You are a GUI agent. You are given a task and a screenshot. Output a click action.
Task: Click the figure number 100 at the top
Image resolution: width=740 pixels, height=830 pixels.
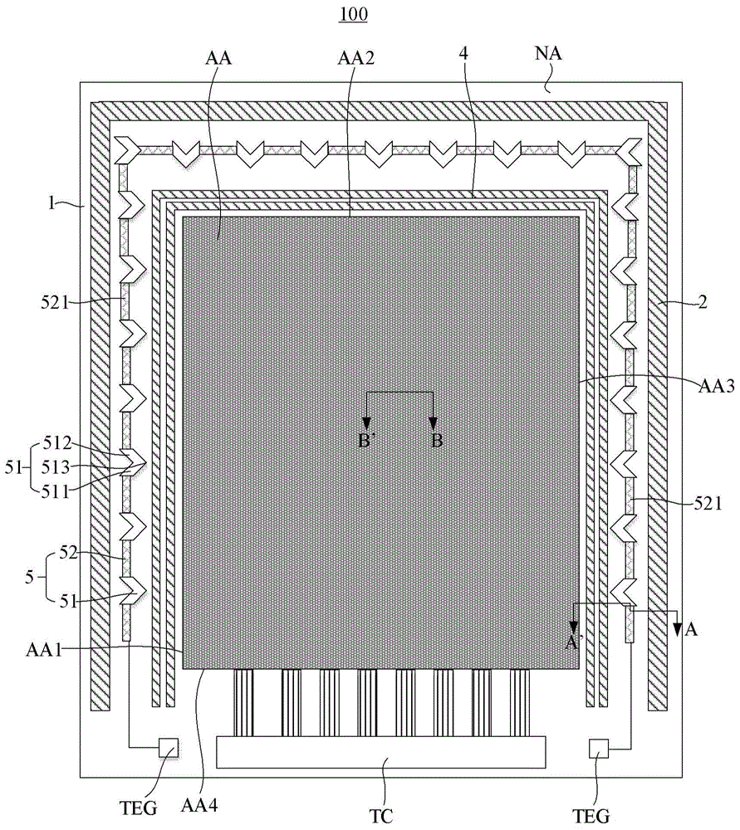[355, 15]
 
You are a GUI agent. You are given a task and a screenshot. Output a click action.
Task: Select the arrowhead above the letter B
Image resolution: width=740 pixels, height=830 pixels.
[434, 422]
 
